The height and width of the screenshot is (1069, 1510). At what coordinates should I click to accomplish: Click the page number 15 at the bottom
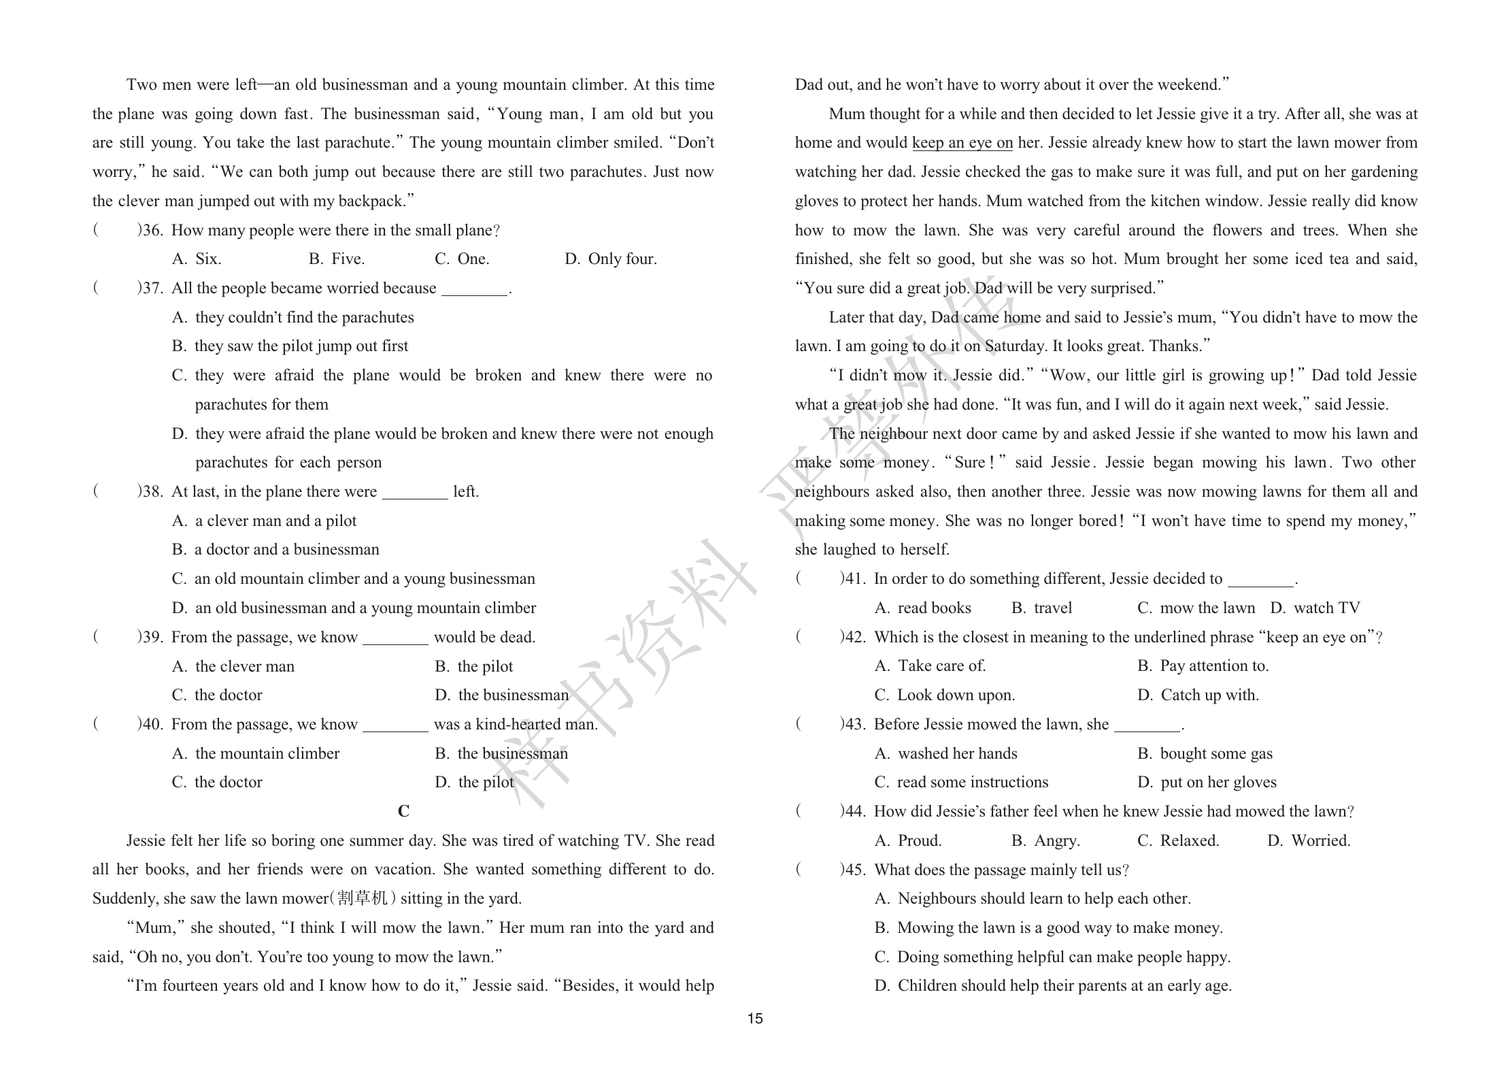tap(755, 1019)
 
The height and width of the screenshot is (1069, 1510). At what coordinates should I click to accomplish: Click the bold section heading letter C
tap(403, 811)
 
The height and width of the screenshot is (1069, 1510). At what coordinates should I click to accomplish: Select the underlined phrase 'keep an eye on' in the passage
tap(962, 143)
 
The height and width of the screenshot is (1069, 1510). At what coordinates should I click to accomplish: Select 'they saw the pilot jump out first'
tap(301, 346)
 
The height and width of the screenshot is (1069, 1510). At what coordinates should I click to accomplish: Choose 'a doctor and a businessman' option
tap(286, 550)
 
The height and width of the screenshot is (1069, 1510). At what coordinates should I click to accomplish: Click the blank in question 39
tap(395, 639)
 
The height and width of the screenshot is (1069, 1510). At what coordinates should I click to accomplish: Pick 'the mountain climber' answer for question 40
tap(267, 753)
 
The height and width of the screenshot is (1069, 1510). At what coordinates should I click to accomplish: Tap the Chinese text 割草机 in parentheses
tap(362, 898)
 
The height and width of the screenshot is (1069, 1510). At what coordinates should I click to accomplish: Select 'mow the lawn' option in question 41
tap(1207, 608)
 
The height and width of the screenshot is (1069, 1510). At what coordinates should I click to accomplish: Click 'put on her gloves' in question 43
tap(1218, 783)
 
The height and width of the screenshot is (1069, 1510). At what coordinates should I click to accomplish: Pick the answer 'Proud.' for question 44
tap(920, 841)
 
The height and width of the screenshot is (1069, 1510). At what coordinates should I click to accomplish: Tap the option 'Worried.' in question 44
tap(1320, 841)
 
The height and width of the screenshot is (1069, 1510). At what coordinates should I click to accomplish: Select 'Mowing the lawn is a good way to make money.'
tap(1060, 928)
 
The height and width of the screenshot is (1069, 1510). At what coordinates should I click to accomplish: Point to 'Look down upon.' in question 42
tap(956, 695)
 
